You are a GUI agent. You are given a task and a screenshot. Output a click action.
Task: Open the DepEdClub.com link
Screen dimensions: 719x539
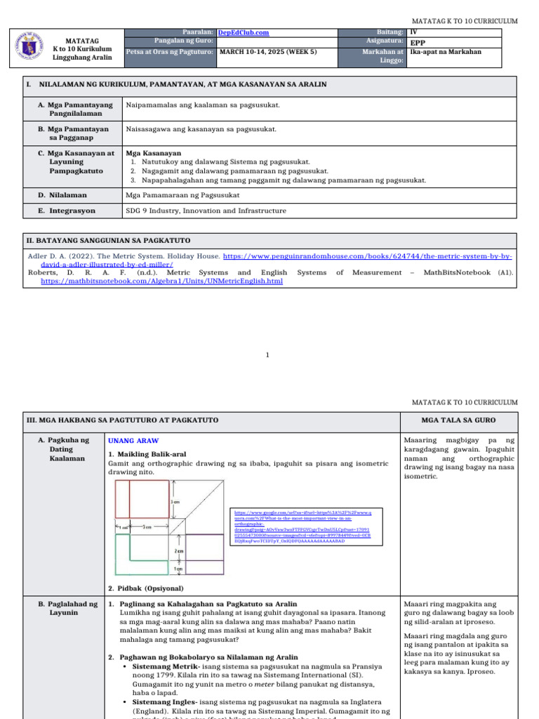coord(244,32)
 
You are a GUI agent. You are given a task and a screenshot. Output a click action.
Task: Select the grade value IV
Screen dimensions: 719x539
coord(413,32)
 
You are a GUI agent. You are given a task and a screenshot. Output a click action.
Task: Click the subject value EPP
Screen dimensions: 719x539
coord(418,42)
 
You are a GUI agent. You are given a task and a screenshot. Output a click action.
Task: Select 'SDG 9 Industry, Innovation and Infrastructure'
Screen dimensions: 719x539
coord(206,211)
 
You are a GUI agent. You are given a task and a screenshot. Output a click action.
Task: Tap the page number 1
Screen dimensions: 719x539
coord(269,355)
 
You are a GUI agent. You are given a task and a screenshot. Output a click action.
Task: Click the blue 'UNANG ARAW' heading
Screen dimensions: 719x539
coord(133,440)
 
